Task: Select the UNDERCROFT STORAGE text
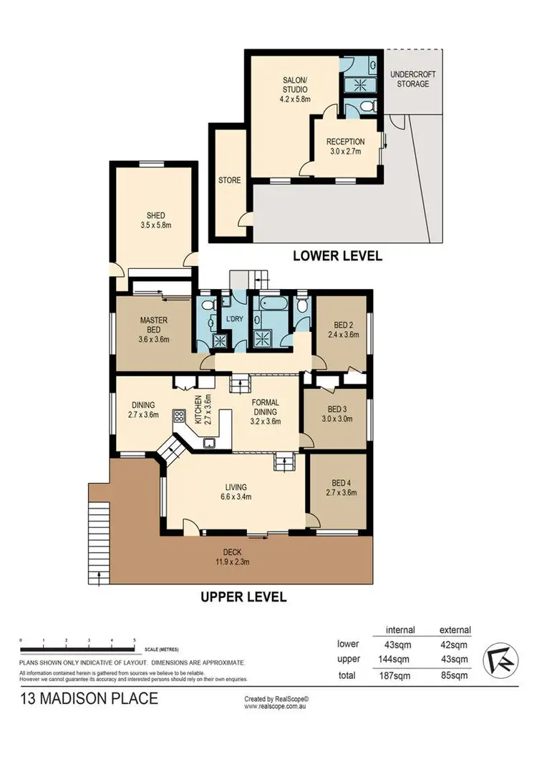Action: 412,79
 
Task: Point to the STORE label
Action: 229,180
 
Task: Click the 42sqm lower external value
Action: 455,644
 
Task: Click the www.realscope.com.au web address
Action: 276,706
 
